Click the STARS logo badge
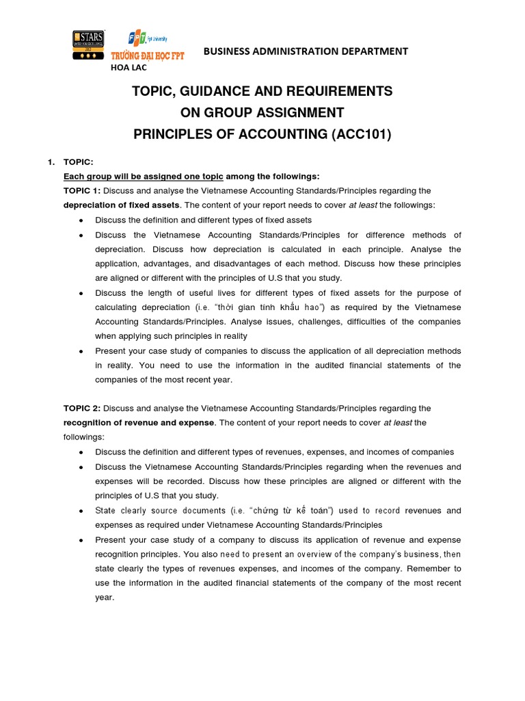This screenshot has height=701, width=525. point(88,46)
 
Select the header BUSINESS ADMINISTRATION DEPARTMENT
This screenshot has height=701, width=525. point(305,51)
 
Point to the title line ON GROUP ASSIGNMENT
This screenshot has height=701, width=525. point(262,112)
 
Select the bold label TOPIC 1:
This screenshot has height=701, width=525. point(82,190)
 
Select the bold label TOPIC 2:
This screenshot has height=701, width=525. point(82,408)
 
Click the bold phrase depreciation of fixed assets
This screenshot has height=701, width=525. point(122,205)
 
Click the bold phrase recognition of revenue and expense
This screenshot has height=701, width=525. point(139,423)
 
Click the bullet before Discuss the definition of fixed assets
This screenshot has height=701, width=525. point(82,220)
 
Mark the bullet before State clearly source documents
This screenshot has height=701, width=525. point(82,511)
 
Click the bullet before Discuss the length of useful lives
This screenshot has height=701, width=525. point(82,293)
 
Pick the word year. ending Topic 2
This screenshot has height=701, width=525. point(105,597)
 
